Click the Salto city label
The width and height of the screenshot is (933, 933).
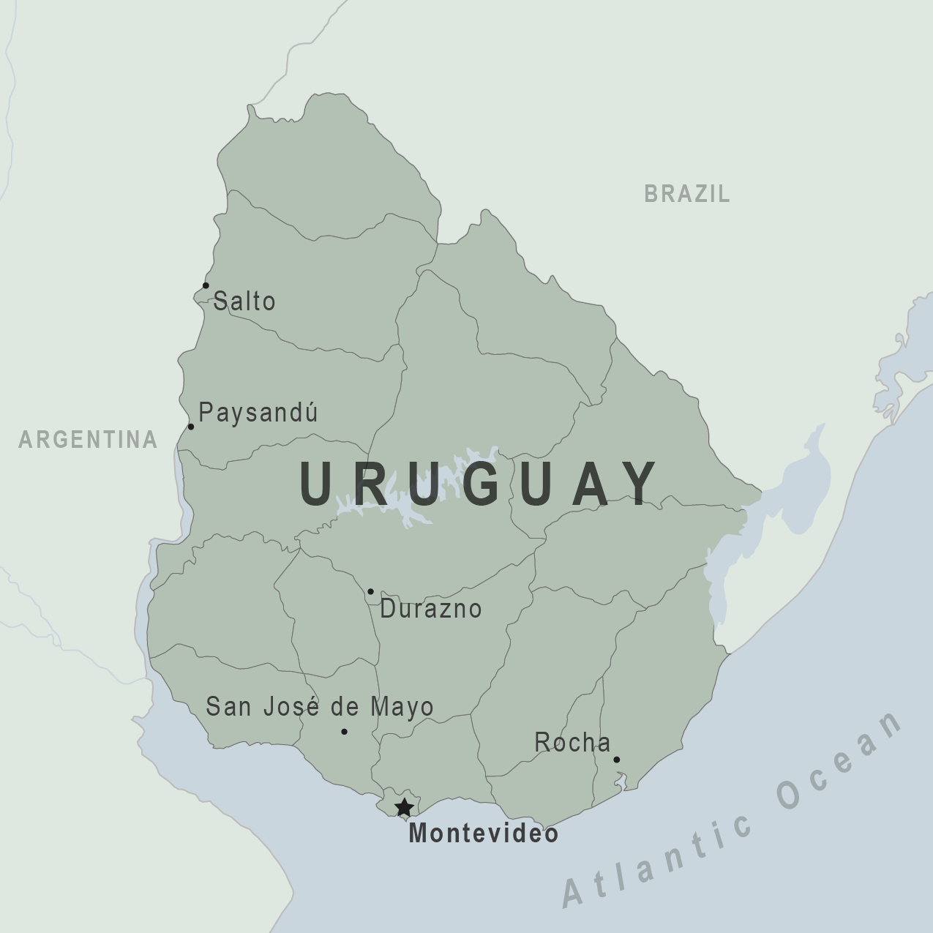(x=244, y=301)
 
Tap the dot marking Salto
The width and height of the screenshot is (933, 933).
(x=206, y=285)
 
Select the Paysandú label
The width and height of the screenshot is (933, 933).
(x=258, y=413)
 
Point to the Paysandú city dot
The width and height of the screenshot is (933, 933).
(x=191, y=427)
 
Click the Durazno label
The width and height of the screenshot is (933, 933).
(x=430, y=609)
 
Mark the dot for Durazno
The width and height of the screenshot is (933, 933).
(x=370, y=591)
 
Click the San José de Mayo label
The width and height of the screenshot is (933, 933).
(x=320, y=707)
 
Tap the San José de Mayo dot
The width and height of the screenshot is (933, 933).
(x=344, y=731)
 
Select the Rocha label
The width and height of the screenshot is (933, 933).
(x=572, y=742)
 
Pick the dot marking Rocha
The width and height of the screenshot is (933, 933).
(x=616, y=760)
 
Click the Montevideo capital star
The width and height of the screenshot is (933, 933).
(x=404, y=808)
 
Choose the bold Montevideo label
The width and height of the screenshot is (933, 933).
(x=483, y=833)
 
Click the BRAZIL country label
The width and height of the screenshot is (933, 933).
(x=687, y=194)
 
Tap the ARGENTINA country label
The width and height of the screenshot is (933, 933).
(x=88, y=439)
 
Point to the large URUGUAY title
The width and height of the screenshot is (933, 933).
(x=479, y=483)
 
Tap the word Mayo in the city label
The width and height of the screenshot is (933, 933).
(x=402, y=707)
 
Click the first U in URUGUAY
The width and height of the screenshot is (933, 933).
(x=317, y=483)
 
